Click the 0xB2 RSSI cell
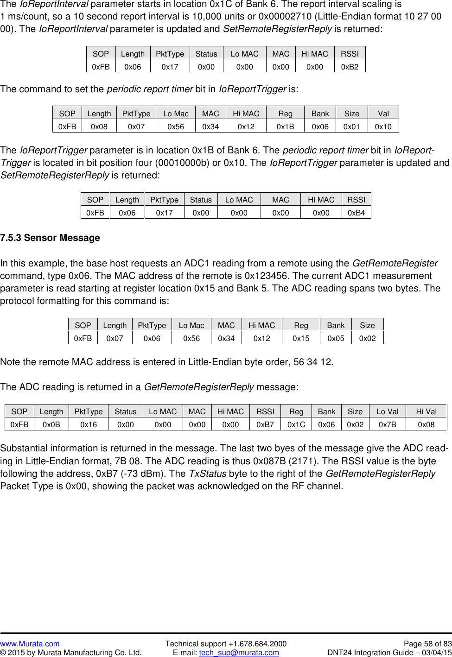click(x=350, y=67)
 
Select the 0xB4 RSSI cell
click(x=356, y=213)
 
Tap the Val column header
click(x=383, y=114)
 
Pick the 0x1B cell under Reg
click(x=285, y=126)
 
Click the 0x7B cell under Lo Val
click(x=387, y=424)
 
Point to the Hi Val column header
click(x=426, y=411)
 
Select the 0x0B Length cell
click(x=51, y=424)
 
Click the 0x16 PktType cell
click(x=88, y=424)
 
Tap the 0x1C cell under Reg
click(x=296, y=424)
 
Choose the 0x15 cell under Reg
click(x=301, y=338)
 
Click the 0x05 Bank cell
click(x=336, y=338)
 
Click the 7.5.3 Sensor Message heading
click(x=50, y=238)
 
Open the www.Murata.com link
click(x=30, y=644)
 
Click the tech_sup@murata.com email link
click(x=239, y=652)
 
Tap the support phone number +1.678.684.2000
click(x=257, y=644)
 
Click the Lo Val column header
click(x=387, y=411)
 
